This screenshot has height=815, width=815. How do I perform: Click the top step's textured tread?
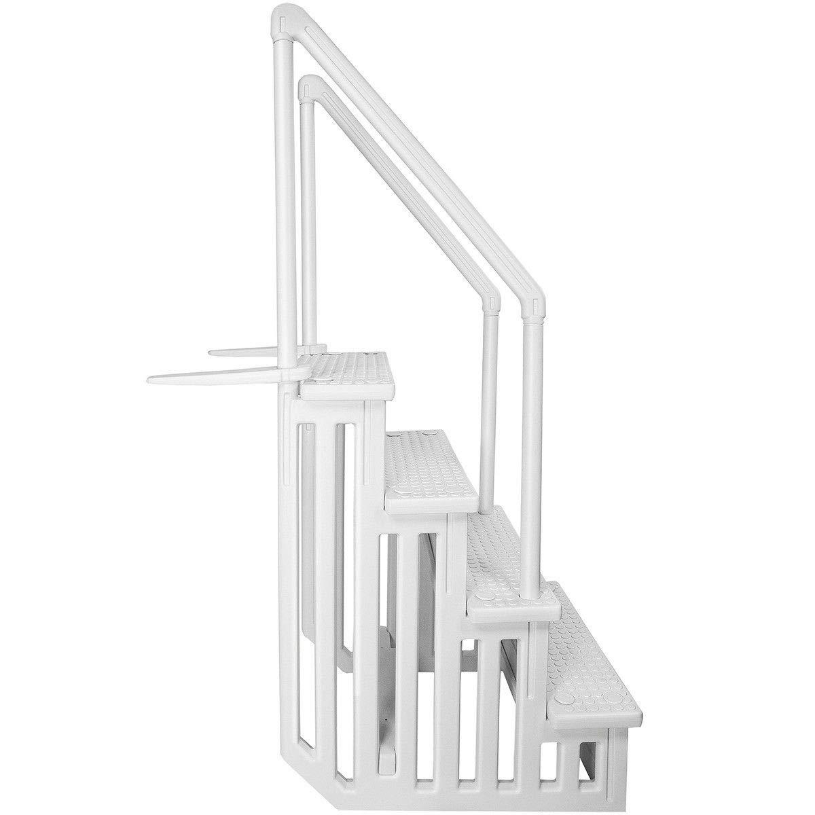click(350, 367)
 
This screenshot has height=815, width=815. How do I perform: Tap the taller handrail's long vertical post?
click(285, 204)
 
